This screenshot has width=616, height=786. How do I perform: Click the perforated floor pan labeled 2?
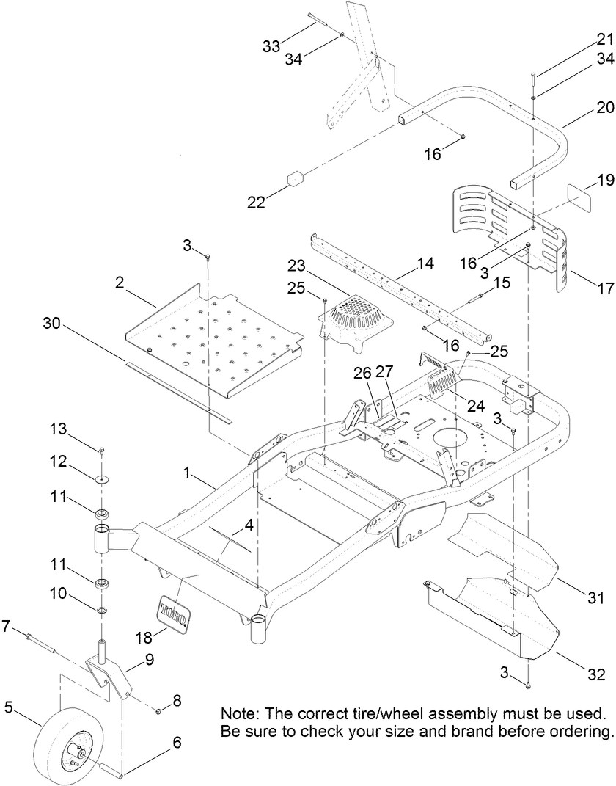point(213,338)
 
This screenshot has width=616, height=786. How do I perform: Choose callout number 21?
point(604,39)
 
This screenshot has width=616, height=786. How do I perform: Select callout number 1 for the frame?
point(187,475)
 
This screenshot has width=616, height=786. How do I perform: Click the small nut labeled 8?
point(158,710)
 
